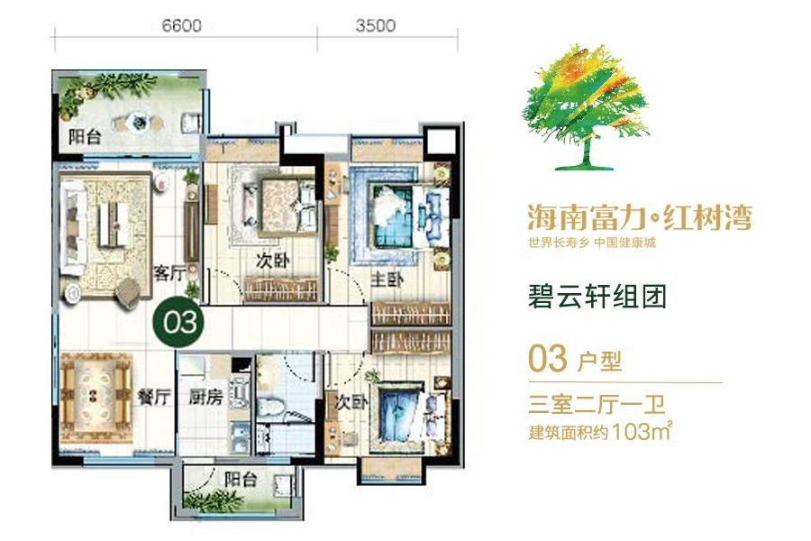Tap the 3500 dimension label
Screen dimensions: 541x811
pyautogui.click(x=375, y=26)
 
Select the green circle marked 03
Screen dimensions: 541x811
pyautogui.click(x=180, y=321)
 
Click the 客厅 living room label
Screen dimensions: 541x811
pyautogui.click(x=169, y=274)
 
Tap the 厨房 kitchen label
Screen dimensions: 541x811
pyautogui.click(x=205, y=397)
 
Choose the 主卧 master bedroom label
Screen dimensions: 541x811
pyautogui.click(x=386, y=280)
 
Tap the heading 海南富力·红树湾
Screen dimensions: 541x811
pyautogui.click(x=638, y=217)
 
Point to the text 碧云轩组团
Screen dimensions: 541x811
pyautogui.click(x=597, y=296)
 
